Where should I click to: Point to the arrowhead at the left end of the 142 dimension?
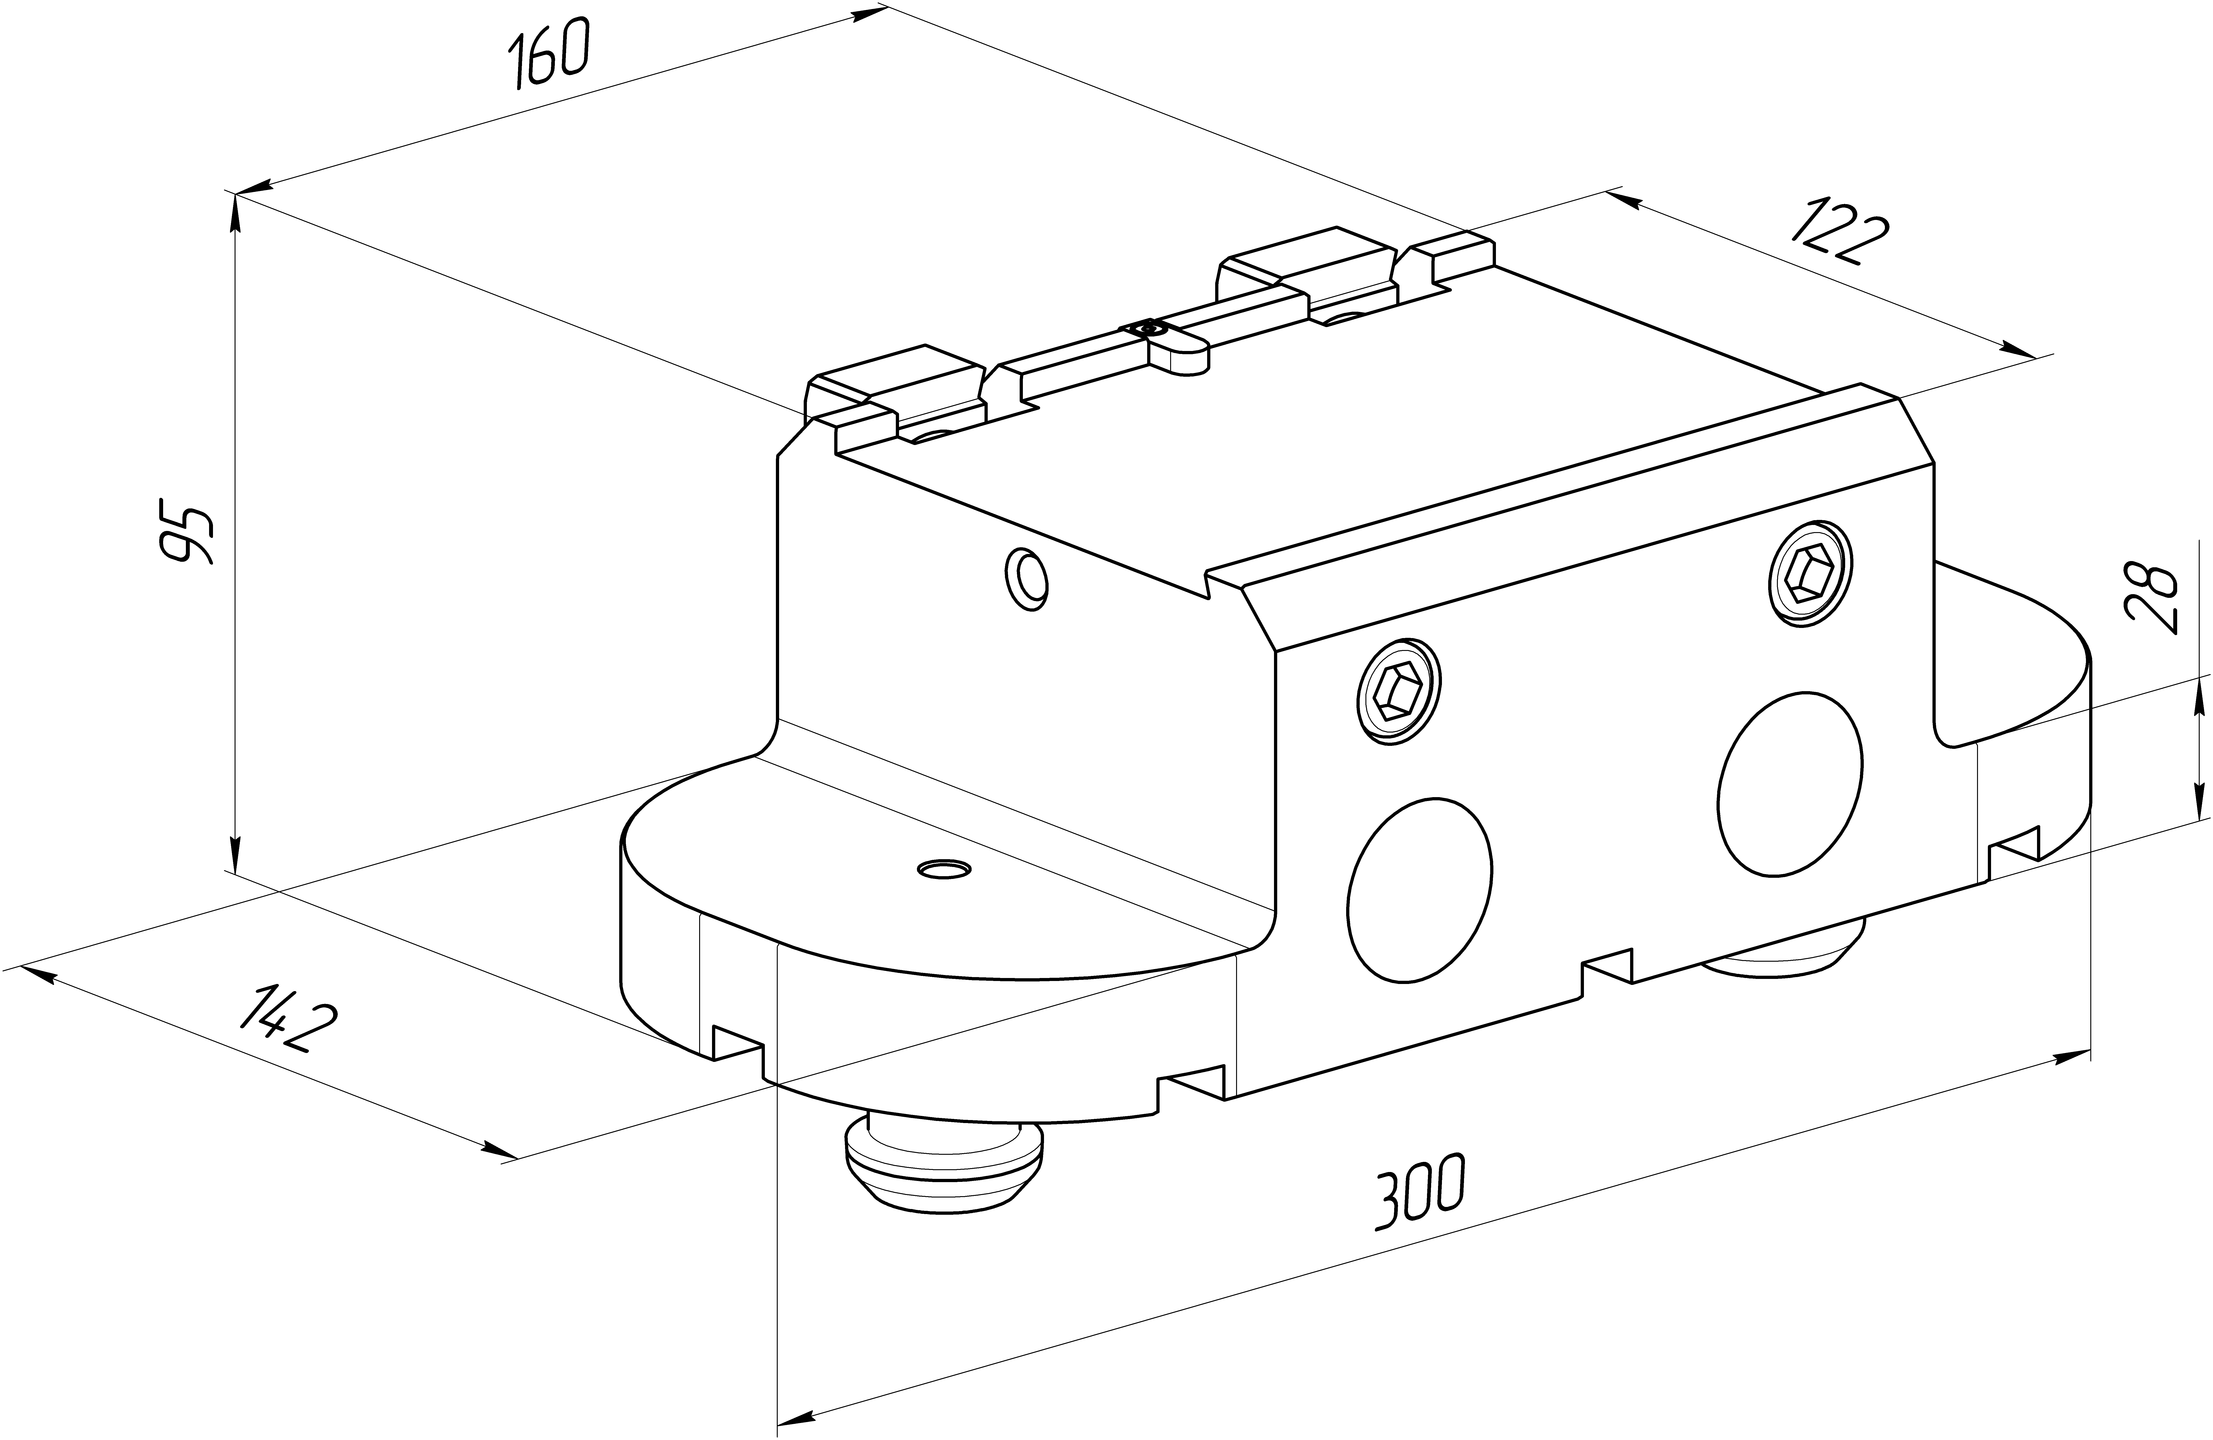click(x=35, y=976)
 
